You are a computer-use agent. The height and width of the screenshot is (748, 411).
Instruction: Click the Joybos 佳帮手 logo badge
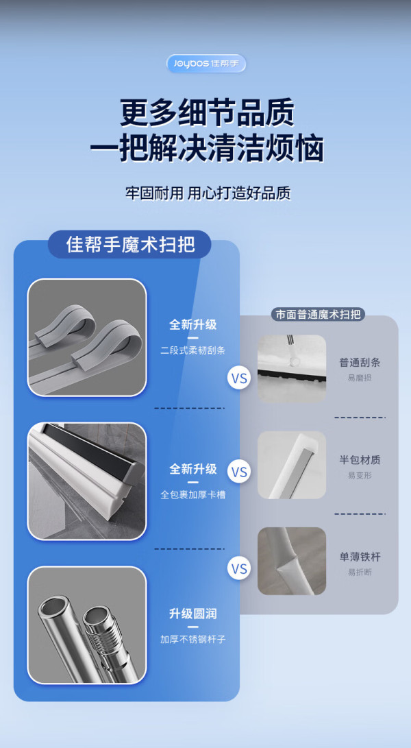pos(206,64)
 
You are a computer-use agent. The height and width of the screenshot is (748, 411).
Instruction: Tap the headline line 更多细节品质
pos(207,112)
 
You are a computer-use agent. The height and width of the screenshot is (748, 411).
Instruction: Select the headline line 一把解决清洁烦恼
pos(207,148)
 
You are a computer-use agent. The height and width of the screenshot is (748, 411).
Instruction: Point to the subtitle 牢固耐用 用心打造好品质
pos(208,193)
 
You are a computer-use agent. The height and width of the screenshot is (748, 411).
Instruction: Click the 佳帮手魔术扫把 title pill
pos(129,244)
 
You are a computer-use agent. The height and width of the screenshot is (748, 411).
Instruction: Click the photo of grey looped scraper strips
pos(87,337)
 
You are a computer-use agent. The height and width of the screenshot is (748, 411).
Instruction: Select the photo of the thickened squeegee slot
pos(87,481)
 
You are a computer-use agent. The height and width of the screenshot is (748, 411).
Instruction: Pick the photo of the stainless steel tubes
pos(87,625)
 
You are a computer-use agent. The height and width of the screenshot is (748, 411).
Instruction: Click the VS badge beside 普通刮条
pos(239,378)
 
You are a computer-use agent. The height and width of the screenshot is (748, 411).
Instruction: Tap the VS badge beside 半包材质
pos(239,472)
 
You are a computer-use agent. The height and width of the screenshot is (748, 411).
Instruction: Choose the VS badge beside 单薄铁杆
pos(239,569)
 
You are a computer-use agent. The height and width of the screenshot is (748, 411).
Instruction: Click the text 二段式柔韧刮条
pos(192,350)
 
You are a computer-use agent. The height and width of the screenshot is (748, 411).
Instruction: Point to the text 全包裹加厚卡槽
pos(192,495)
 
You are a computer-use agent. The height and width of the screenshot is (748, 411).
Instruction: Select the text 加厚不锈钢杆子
pos(192,639)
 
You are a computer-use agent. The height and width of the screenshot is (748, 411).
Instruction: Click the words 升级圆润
pos(192,614)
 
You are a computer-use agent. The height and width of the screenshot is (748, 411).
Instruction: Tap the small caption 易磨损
pos(360,378)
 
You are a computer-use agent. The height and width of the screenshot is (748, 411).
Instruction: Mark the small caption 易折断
pos(360,572)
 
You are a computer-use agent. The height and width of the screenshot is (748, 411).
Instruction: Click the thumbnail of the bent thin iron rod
pos(292,561)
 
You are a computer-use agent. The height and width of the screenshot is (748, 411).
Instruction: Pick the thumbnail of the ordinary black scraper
pos(292,368)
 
